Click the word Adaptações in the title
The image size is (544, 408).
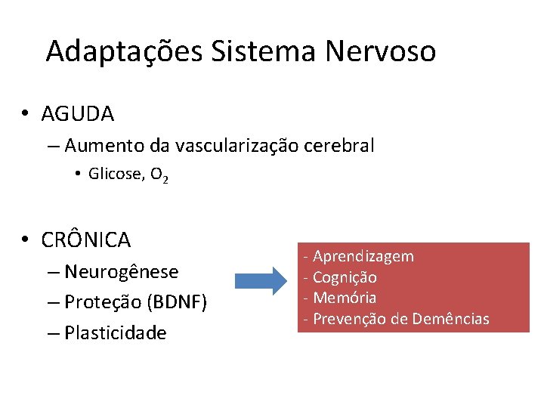(124, 51)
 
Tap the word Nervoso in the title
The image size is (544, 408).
(381, 51)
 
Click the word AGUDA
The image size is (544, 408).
(78, 114)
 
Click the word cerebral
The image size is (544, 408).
(339, 145)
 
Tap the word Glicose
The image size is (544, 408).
(115, 174)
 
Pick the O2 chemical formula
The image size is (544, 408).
(159, 175)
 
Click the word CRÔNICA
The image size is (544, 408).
(86, 240)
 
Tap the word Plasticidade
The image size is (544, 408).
(116, 332)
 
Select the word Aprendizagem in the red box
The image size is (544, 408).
(363, 256)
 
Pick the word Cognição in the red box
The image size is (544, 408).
(345, 277)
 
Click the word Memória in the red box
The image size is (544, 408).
(345, 298)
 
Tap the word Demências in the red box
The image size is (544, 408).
(451, 319)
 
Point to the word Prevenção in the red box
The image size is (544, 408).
(349, 319)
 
